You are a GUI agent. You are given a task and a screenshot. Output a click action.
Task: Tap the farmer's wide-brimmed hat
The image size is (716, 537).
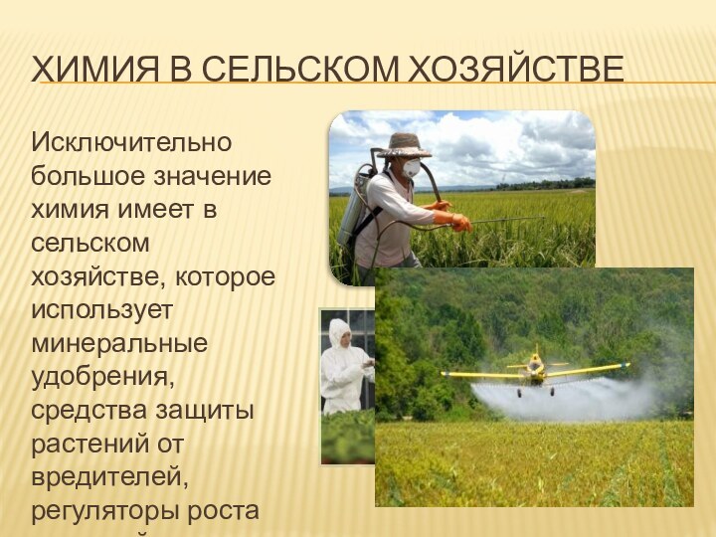point(404,145)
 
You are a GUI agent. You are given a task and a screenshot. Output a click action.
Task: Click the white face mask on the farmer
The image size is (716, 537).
point(411,168)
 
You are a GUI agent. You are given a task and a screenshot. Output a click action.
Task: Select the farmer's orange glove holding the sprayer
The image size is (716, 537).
point(459,222)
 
